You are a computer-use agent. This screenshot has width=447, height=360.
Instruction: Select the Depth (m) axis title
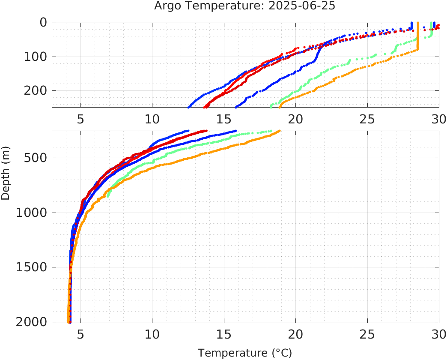point(6,172)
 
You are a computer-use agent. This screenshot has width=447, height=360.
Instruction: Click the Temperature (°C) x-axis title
point(244,353)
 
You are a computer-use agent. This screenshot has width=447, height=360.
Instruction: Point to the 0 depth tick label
point(43,23)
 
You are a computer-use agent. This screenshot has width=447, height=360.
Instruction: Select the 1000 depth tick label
point(31,213)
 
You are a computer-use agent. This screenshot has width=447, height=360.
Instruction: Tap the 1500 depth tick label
point(31,267)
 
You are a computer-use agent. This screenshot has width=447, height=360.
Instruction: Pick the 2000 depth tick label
point(31,322)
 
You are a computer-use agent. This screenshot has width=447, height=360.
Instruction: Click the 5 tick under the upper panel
point(80,119)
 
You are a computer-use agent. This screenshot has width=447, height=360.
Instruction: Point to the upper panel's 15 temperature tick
point(223,119)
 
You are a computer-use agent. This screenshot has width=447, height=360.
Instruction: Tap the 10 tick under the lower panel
point(152,333)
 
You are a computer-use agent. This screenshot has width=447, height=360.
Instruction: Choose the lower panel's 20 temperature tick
point(295,333)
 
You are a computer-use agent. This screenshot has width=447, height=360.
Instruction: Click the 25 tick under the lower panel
point(367,333)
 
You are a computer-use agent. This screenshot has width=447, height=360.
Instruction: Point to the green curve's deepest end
point(108,196)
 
